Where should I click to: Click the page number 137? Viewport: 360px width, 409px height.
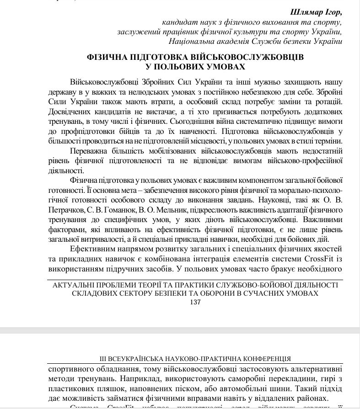[195, 302]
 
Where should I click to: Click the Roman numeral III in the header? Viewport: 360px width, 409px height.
[103, 359]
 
